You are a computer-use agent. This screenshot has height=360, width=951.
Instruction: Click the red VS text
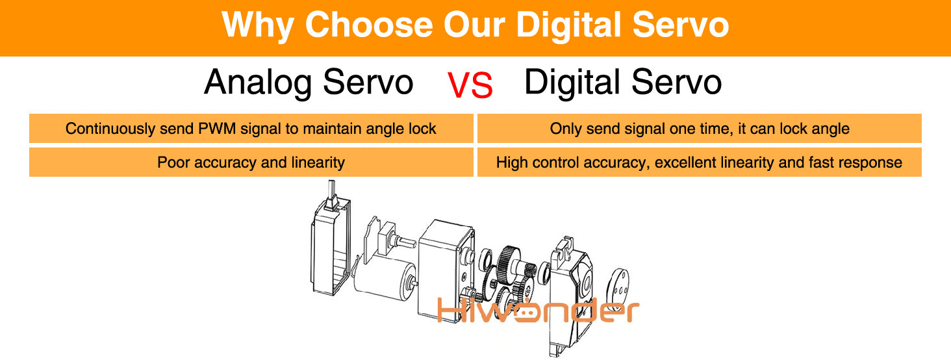(470, 85)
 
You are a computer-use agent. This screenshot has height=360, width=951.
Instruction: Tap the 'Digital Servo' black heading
(623, 82)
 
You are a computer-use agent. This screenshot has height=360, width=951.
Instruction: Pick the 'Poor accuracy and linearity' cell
(251, 162)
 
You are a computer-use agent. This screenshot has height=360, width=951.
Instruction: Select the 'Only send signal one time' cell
(699, 128)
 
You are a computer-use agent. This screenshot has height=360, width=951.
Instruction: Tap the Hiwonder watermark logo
(538, 310)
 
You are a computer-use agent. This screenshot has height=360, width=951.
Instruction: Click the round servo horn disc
(618, 288)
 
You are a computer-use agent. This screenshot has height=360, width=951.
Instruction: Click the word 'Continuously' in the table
(110, 129)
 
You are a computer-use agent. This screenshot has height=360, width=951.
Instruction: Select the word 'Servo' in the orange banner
(681, 25)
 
